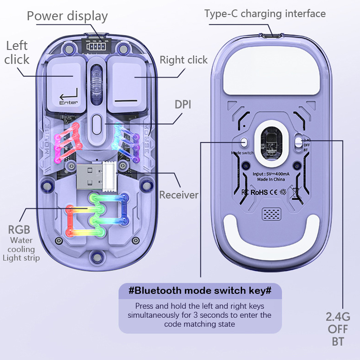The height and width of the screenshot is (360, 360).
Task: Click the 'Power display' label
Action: point(67,16)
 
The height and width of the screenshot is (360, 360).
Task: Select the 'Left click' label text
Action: point(17,52)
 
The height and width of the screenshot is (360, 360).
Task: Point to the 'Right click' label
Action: point(184,60)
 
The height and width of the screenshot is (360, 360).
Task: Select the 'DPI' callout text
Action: point(183,104)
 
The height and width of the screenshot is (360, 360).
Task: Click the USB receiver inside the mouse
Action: point(97,175)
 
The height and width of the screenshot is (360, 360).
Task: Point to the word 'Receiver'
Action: point(179,195)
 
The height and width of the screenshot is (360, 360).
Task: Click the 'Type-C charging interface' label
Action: point(265,13)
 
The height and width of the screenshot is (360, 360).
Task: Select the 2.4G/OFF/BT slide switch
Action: point(298,142)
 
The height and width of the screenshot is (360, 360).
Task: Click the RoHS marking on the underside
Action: point(259,192)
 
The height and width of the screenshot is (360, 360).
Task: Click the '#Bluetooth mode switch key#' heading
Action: point(200,290)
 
